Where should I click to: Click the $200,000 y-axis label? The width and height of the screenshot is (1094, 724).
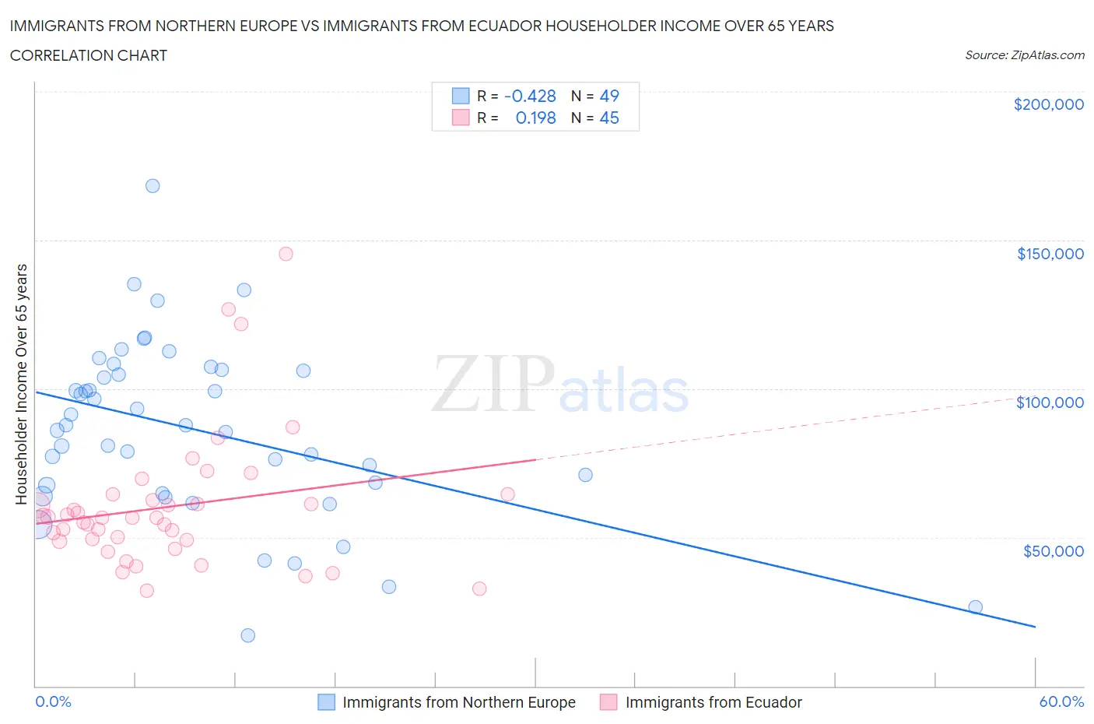1048,104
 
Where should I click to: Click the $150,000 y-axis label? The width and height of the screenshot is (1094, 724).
1050,254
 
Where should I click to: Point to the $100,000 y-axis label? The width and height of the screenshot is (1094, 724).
1050,402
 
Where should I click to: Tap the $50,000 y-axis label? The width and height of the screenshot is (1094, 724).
1053,551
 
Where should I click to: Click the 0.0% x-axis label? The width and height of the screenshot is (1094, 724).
53,701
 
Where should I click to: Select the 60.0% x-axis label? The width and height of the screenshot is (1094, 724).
1061,701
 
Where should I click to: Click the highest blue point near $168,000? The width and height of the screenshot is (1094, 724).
153,186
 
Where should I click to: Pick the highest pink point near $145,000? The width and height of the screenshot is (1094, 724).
286,254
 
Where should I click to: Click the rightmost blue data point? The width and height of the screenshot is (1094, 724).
975,607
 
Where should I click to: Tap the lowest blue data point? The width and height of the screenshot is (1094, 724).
248,635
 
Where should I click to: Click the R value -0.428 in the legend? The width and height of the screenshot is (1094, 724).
530,96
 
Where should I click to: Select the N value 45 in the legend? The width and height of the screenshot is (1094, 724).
609,118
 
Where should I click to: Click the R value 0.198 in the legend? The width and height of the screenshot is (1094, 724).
535,118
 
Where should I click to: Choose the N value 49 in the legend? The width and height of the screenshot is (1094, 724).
609,96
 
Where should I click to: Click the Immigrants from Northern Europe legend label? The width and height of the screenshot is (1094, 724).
458,702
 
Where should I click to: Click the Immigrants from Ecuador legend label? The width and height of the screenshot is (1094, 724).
713,702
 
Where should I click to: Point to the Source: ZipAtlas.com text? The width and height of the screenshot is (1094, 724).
1024,55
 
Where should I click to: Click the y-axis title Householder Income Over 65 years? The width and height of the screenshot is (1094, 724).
22,384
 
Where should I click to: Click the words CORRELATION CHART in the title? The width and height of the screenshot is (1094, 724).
89,55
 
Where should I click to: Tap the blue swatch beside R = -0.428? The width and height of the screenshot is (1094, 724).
461,96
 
